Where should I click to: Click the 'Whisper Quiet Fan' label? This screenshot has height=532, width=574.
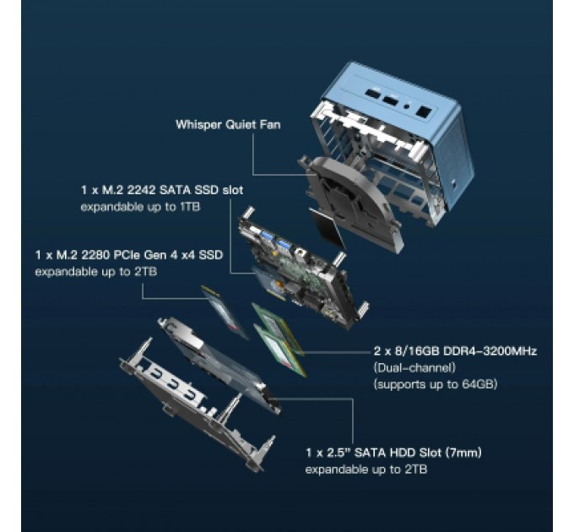(228, 125)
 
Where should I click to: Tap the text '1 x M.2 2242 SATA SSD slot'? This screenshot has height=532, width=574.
(162, 190)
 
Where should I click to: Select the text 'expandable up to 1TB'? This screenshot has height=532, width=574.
(140, 207)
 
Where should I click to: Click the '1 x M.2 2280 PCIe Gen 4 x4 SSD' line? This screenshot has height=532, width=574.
(129, 255)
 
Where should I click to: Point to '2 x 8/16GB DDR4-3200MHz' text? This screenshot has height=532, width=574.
(455, 351)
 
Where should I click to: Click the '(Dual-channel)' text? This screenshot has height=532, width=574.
(414, 367)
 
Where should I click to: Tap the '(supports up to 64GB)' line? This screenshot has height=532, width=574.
(436, 384)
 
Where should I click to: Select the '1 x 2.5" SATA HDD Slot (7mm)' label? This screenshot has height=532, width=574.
(393, 453)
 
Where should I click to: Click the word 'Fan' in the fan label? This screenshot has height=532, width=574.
(270, 125)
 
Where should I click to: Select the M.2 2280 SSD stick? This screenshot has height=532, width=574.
(224, 312)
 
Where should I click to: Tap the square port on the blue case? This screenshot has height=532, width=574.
(425, 111)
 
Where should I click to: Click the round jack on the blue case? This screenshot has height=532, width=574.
(406, 107)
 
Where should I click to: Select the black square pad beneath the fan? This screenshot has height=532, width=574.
(327, 227)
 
